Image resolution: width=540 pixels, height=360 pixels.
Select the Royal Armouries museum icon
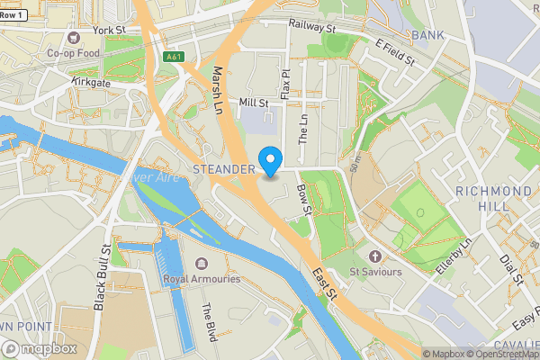coord(201,264)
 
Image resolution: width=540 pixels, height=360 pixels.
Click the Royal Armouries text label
coord(202,279)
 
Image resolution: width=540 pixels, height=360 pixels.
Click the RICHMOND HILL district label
coord(493,199)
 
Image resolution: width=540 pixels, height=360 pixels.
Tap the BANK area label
coord(427,35)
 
